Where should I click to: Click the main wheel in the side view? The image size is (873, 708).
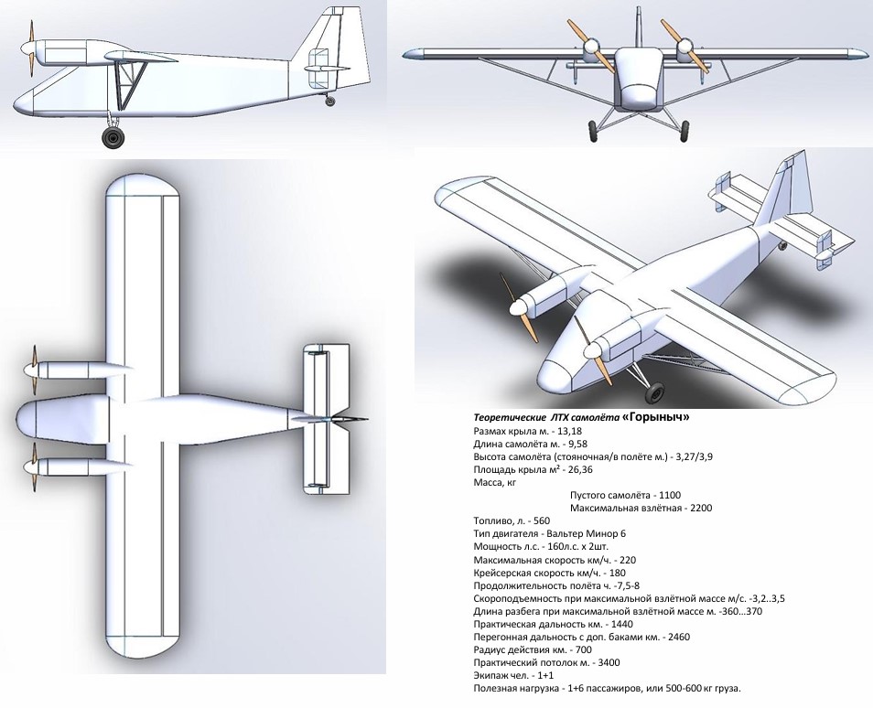pyautogui.click(x=113, y=137)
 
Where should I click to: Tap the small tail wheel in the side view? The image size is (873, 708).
pyautogui.click(x=330, y=102)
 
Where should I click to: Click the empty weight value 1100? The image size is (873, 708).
pyautogui.click(x=669, y=495)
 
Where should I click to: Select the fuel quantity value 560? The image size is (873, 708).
pyautogui.click(x=542, y=521)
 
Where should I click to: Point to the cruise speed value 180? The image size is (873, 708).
pyautogui.click(x=618, y=573)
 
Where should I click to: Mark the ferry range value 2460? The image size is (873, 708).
pyautogui.click(x=678, y=637)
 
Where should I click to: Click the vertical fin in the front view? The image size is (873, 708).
pyautogui.click(x=639, y=27)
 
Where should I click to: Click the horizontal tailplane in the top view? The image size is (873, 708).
pyautogui.click(x=327, y=419)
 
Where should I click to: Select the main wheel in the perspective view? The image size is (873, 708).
pyautogui.click(x=655, y=393)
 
